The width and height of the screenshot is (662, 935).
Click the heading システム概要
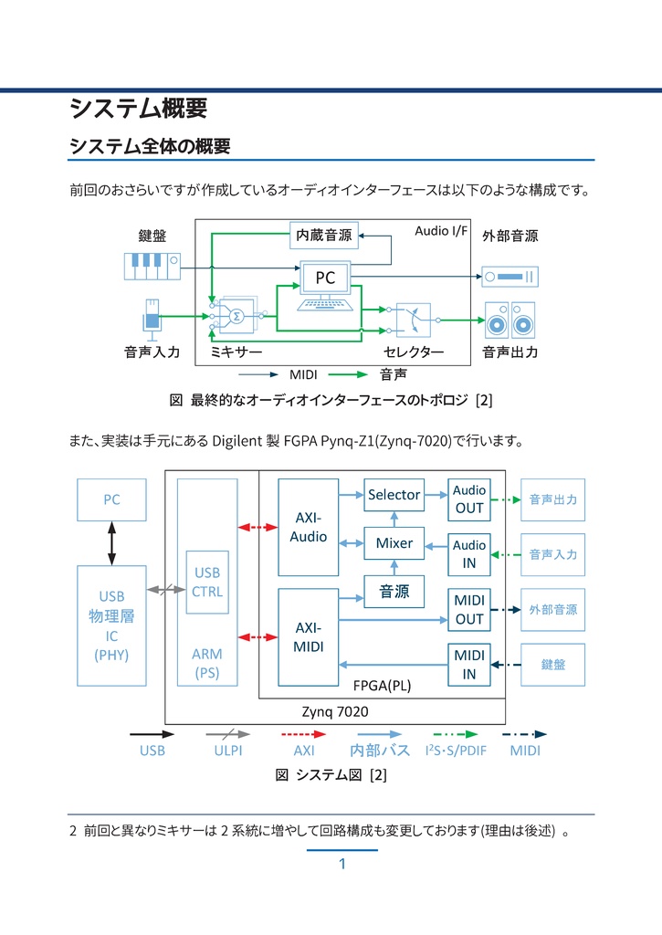tap(139, 109)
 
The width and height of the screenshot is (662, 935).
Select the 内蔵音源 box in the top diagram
tap(324, 235)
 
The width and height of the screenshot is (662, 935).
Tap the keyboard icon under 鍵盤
tap(152, 266)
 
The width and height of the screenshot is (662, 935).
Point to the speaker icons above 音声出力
tap(510, 320)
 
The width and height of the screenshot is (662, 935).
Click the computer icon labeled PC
tap(325, 287)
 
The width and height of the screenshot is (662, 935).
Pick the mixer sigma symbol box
tap(236, 316)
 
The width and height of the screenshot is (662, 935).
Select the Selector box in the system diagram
tap(394, 495)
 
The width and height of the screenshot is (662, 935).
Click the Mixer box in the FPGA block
tap(394, 543)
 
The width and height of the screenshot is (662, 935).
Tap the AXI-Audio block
tap(308, 528)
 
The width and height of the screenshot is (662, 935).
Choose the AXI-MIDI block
tap(308, 637)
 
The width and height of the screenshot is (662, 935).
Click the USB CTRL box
tap(207, 583)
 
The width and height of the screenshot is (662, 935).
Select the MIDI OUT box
tap(468, 609)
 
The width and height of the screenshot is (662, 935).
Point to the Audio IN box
tap(468, 554)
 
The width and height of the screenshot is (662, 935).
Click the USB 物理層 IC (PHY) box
tap(111, 625)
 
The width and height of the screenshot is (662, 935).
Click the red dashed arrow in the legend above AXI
tap(303, 733)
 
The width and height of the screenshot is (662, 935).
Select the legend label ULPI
tap(227, 751)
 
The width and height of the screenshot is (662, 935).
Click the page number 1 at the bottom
tap(342, 865)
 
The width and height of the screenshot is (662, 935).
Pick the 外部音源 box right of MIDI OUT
tap(552, 609)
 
